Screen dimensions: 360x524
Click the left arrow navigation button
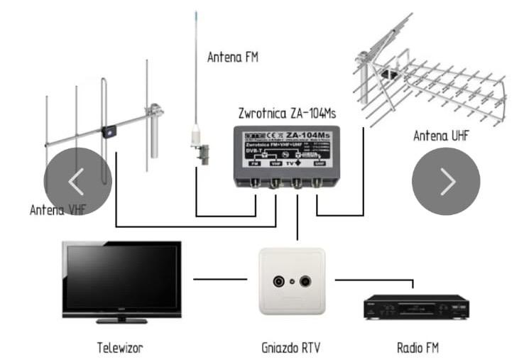pyautogui.click(x=77, y=182)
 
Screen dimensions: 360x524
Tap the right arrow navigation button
pyautogui.click(x=446, y=182)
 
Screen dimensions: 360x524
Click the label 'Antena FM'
pyautogui.click(x=233, y=57)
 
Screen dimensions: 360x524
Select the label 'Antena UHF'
pyautogui.click(x=442, y=134)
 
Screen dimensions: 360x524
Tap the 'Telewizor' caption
pyautogui.click(x=121, y=348)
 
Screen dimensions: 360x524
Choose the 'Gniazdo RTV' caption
pyautogui.click(x=292, y=348)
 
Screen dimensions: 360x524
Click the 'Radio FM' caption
pyautogui.click(x=417, y=348)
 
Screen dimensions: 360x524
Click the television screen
pyautogui.click(x=121, y=278)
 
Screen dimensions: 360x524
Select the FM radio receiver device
pyautogui.click(x=416, y=307)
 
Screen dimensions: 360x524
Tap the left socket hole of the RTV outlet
pyautogui.click(x=278, y=280)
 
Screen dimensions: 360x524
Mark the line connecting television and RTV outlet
pyautogui.click(x=219, y=279)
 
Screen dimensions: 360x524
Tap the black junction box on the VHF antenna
pyautogui.click(x=108, y=131)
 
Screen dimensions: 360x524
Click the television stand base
pyautogui.click(x=121, y=321)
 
